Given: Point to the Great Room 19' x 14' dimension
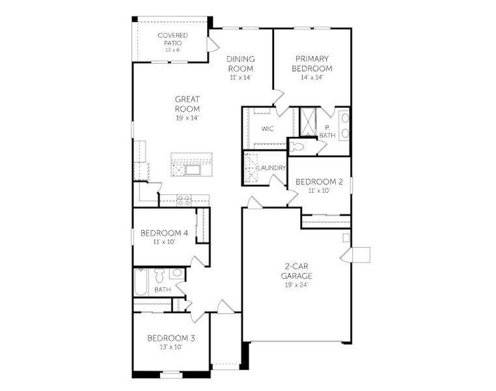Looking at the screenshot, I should click(187, 118).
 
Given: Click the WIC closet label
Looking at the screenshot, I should click(267, 129).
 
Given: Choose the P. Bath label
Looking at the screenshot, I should click(327, 132).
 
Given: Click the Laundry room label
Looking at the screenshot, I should click(271, 168).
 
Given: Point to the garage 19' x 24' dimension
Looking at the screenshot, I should click(296, 285).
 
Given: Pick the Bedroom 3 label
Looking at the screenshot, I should click(170, 338).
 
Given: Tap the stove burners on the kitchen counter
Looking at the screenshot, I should click(184, 201).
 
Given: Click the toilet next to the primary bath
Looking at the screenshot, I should click(297, 146).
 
